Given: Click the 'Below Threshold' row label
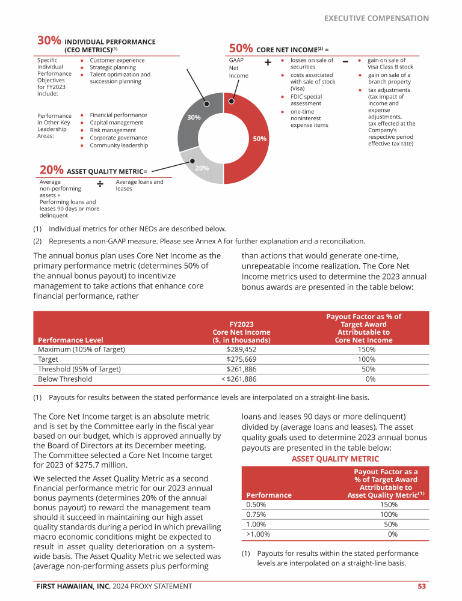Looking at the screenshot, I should click(x=65, y=379).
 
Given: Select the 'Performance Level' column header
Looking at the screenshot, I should click(x=67, y=340).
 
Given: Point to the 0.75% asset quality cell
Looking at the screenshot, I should click(x=256, y=514).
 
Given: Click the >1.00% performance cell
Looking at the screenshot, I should click(x=258, y=534).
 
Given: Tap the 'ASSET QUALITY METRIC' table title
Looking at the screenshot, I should click(x=327, y=459).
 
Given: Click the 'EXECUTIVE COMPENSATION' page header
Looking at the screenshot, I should click(x=377, y=19).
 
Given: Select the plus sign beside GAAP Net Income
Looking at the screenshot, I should click(x=267, y=63).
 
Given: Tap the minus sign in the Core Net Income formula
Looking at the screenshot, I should click(x=345, y=62).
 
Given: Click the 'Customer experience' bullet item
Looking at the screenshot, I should click(x=117, y=61).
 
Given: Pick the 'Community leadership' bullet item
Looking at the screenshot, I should click(x=119, y=145).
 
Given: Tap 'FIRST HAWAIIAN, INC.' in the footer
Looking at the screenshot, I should click(x=73, y=586).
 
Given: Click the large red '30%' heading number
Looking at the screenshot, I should click(x=49, y=41).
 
